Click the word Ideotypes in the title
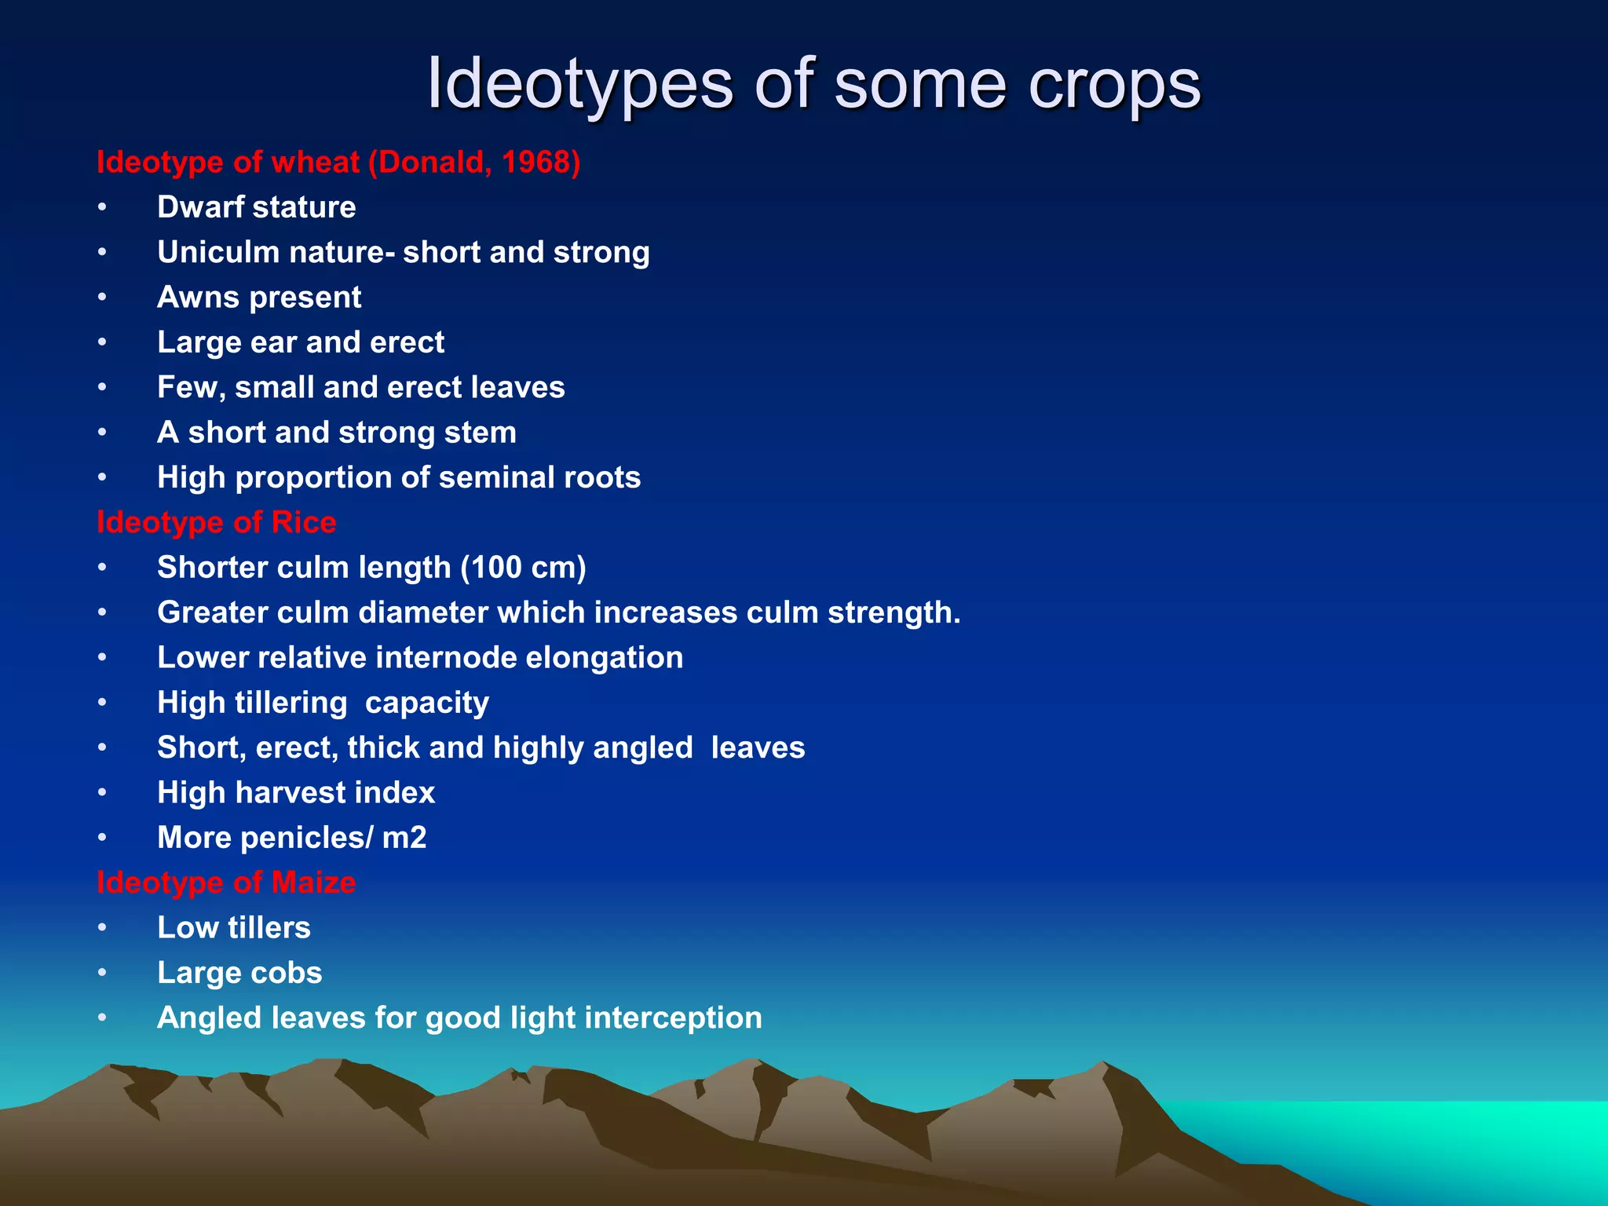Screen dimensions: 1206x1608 click(x=579, y=85)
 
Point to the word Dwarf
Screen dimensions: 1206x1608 click(x=199, y=207)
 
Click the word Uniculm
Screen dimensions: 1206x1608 click(x=217, y=253)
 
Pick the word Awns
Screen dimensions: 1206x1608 click(x=198, y=298)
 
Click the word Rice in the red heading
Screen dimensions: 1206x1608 click(x=304, y=523)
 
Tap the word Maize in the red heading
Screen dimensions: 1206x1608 click(x=313, y=883)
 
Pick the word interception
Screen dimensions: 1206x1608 click(x=673, y=1018)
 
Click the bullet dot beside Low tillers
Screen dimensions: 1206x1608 click(x=102, y=928)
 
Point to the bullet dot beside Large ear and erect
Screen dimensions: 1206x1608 click(x=102, y=342)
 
